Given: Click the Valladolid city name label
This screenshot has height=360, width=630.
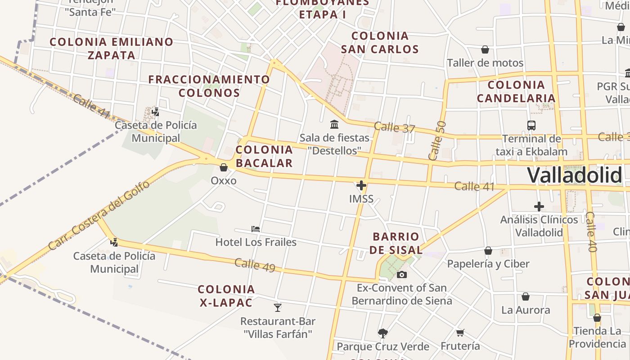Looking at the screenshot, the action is coord(575,175).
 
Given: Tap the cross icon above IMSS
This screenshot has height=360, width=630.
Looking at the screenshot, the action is coord(361,185).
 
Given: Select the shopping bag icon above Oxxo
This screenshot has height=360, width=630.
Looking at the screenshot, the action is coord(224,167).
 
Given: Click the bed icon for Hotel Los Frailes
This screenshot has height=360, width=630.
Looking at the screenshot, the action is coord(256,229).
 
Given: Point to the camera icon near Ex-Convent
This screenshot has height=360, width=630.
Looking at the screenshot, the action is coord(402,274).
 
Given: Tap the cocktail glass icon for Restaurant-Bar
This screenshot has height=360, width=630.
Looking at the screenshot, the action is coord(278,308).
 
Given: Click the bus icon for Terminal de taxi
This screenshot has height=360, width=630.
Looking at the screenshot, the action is coord(531,126).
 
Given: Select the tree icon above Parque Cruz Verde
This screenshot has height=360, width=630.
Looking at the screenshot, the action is coord(383,333).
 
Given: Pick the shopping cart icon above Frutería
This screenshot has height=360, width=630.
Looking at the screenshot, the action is coord(460,333).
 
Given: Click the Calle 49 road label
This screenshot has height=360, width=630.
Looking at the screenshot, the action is coord(255,265).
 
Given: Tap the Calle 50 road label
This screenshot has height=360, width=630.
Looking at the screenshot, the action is coord(437,140).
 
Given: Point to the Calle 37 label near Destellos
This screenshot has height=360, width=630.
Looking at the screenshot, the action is coord(394,127).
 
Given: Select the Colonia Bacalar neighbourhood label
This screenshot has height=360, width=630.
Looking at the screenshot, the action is coord(264,156).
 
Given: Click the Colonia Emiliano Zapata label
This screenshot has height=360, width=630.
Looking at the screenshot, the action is coord(111,49).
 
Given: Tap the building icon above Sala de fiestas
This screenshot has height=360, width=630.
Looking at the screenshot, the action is coord(334,124).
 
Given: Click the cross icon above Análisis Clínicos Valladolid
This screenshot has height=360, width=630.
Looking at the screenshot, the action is coord(539,207).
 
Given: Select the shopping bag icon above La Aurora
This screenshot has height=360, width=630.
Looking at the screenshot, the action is coord(525,297).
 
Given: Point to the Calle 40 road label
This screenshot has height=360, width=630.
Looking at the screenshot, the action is coord(591,232).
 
